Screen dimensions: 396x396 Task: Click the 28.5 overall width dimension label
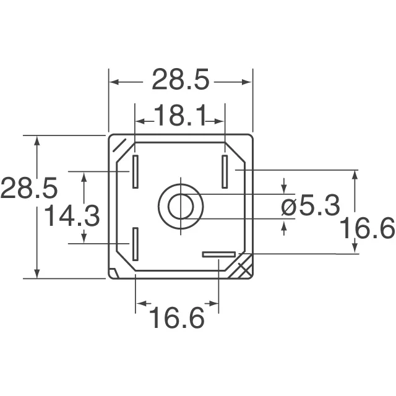pos(181,80)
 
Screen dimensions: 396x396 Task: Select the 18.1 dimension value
pos(179,116)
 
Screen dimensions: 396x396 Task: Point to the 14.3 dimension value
pos(72,217)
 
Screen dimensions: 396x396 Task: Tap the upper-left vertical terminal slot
pos(134,171)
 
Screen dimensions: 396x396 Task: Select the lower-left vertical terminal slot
pos(134,243)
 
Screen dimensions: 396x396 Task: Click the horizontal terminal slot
pos(219,254)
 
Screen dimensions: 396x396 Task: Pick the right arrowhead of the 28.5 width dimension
pos(248,81)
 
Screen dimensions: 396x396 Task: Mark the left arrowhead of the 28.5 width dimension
pos(114,81)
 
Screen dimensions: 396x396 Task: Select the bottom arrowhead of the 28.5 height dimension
pos(38,274)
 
